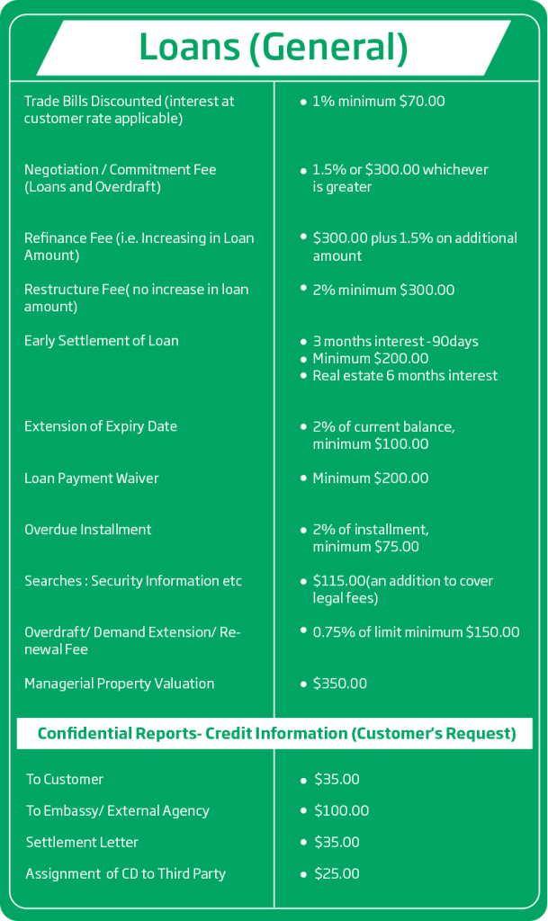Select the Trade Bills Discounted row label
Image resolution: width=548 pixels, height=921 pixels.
pyautogui.click(x=129, y=110)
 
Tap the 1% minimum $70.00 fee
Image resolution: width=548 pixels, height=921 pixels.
pyautogui.click(x=378, y=101)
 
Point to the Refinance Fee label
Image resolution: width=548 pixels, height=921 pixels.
pyautogui.click(x=139, y=246)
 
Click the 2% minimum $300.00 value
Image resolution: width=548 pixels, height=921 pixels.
pyautogui.click(x=383, y=290)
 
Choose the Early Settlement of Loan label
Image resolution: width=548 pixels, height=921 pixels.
pyautogui.click(x=101, y=341)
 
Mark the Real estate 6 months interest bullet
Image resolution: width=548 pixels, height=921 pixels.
pyautogui.click(x=404, y=375)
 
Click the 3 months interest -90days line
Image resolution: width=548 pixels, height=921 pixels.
pyautogui.click(x=395, y=342)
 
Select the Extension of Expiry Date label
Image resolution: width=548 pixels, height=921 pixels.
pyautogui.click(x=101, y=426)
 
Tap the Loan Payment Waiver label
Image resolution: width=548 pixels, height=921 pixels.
pyautogui.click(x=91, y=478)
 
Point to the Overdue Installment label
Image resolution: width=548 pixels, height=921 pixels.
pyautogui.click(x=88, y=530)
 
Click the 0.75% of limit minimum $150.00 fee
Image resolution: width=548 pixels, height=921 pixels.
pyautogui.click(x=416, y=631)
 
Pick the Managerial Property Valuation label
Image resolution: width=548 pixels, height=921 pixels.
pyautogui.click(x=119, y=684)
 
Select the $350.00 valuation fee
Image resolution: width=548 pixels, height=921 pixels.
pyautogui.click(x=339, y=684)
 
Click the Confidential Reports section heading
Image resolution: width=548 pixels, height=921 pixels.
pyautogui.click(x=276, y=734)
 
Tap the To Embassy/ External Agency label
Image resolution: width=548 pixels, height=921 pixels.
pyautogui.click(x=117, y=810)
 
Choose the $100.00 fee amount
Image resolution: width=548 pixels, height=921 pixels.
pyautogui.click(x=341, y=810)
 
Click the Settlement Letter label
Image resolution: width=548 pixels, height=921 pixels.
pyautogui.click(x=82, y=842)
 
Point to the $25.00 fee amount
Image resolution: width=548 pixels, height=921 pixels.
pyautogui.click(x=337, y=873)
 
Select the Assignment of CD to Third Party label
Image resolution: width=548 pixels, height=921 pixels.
pyautogui.click(x=125, y=873)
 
